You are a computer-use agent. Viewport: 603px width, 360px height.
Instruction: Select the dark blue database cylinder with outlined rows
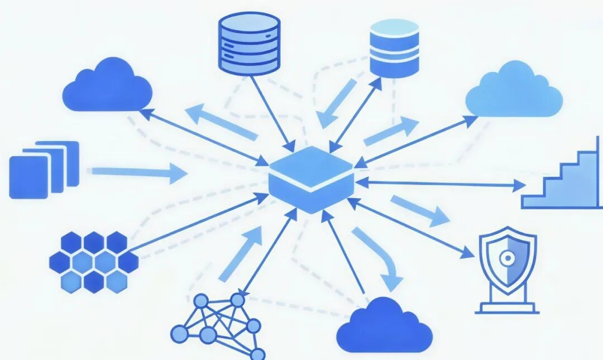click(249, 44)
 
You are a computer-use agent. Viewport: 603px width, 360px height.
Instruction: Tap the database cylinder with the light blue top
click(394, 49)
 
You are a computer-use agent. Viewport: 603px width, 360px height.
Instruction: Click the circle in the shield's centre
click(507, 258)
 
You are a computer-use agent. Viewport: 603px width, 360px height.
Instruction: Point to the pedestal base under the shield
click(508, 306)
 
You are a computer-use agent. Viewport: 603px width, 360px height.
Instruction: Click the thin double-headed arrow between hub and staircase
click(441, 183)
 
